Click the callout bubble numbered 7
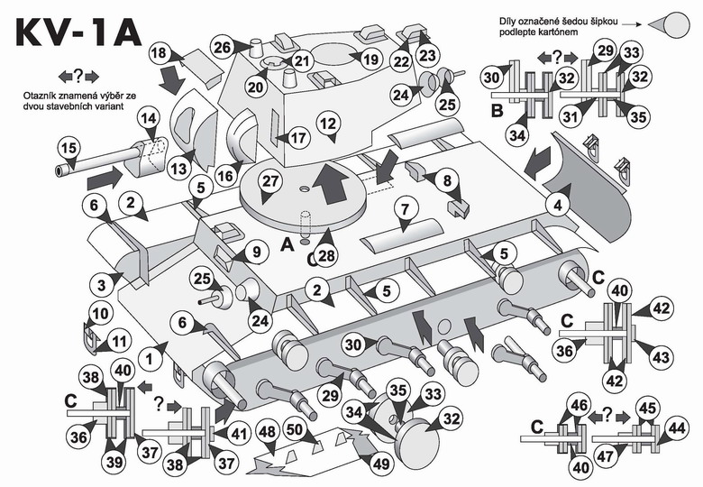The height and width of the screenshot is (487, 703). coord(405,210)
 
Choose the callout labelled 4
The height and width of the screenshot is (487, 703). coord(558,205)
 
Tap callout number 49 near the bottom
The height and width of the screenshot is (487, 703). coord(382,464)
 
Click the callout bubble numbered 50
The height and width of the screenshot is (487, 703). coord(293,431)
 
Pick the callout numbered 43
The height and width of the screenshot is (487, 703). coord(661,357)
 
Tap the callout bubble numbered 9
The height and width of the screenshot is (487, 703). coord(253,253)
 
